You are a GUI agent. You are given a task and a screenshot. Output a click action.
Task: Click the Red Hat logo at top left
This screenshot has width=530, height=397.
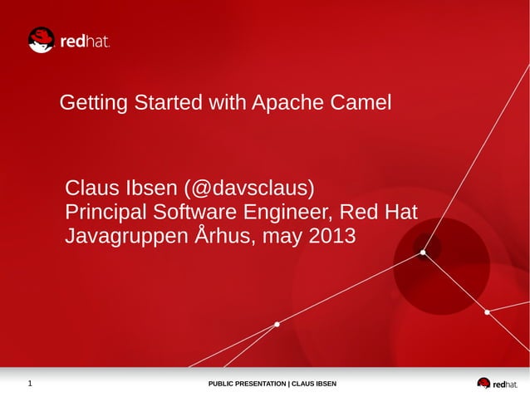coord(69,40)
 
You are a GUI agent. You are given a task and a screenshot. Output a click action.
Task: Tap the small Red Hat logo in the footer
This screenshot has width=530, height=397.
coord(496,384)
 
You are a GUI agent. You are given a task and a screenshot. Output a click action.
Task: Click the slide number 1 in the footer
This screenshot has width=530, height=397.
coord(30,384)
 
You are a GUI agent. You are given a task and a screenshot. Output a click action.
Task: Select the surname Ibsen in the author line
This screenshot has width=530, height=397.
coord(148,186)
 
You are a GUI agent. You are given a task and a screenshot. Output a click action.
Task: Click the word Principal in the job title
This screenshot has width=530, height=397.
coord(106,212)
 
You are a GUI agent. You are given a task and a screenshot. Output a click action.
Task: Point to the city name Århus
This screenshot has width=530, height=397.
coord(224,237)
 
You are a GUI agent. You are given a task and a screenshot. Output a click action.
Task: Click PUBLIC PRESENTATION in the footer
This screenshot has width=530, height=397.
coord(247,384)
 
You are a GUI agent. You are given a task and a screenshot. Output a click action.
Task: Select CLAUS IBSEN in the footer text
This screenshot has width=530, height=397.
coord(314,384)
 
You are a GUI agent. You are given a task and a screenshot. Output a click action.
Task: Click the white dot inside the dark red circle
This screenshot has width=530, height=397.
coord(423,252)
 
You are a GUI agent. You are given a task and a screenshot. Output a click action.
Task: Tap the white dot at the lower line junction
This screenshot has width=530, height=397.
coord(277,325)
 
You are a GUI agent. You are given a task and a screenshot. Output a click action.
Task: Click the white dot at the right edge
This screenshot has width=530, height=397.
coord(488,311)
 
